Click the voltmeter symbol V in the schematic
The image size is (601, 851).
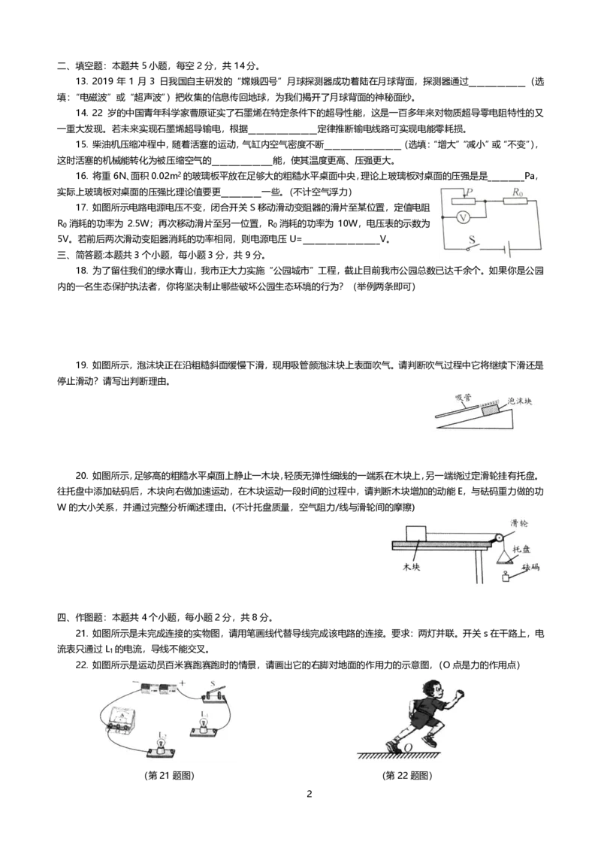(x=464, y=217)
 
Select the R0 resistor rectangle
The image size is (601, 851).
(x=515, y=201)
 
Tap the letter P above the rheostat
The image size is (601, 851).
(x=469, y=192)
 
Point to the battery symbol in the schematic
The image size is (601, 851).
(x=509, y=250)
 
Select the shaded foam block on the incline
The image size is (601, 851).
(x=489, y=407)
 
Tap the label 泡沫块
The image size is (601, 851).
(x=520, y=402)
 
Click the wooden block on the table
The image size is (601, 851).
(x=416, y=531)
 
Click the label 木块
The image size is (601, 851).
(x=411, y=566)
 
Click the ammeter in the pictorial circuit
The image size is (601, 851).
(x=121, y=720)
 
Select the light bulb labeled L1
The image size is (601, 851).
(x=202, y=723)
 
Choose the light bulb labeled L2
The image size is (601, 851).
(x=159, y=745)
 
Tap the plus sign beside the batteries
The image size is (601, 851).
(x=182, y=683)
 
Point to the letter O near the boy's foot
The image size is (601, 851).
(x=408, y=747)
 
